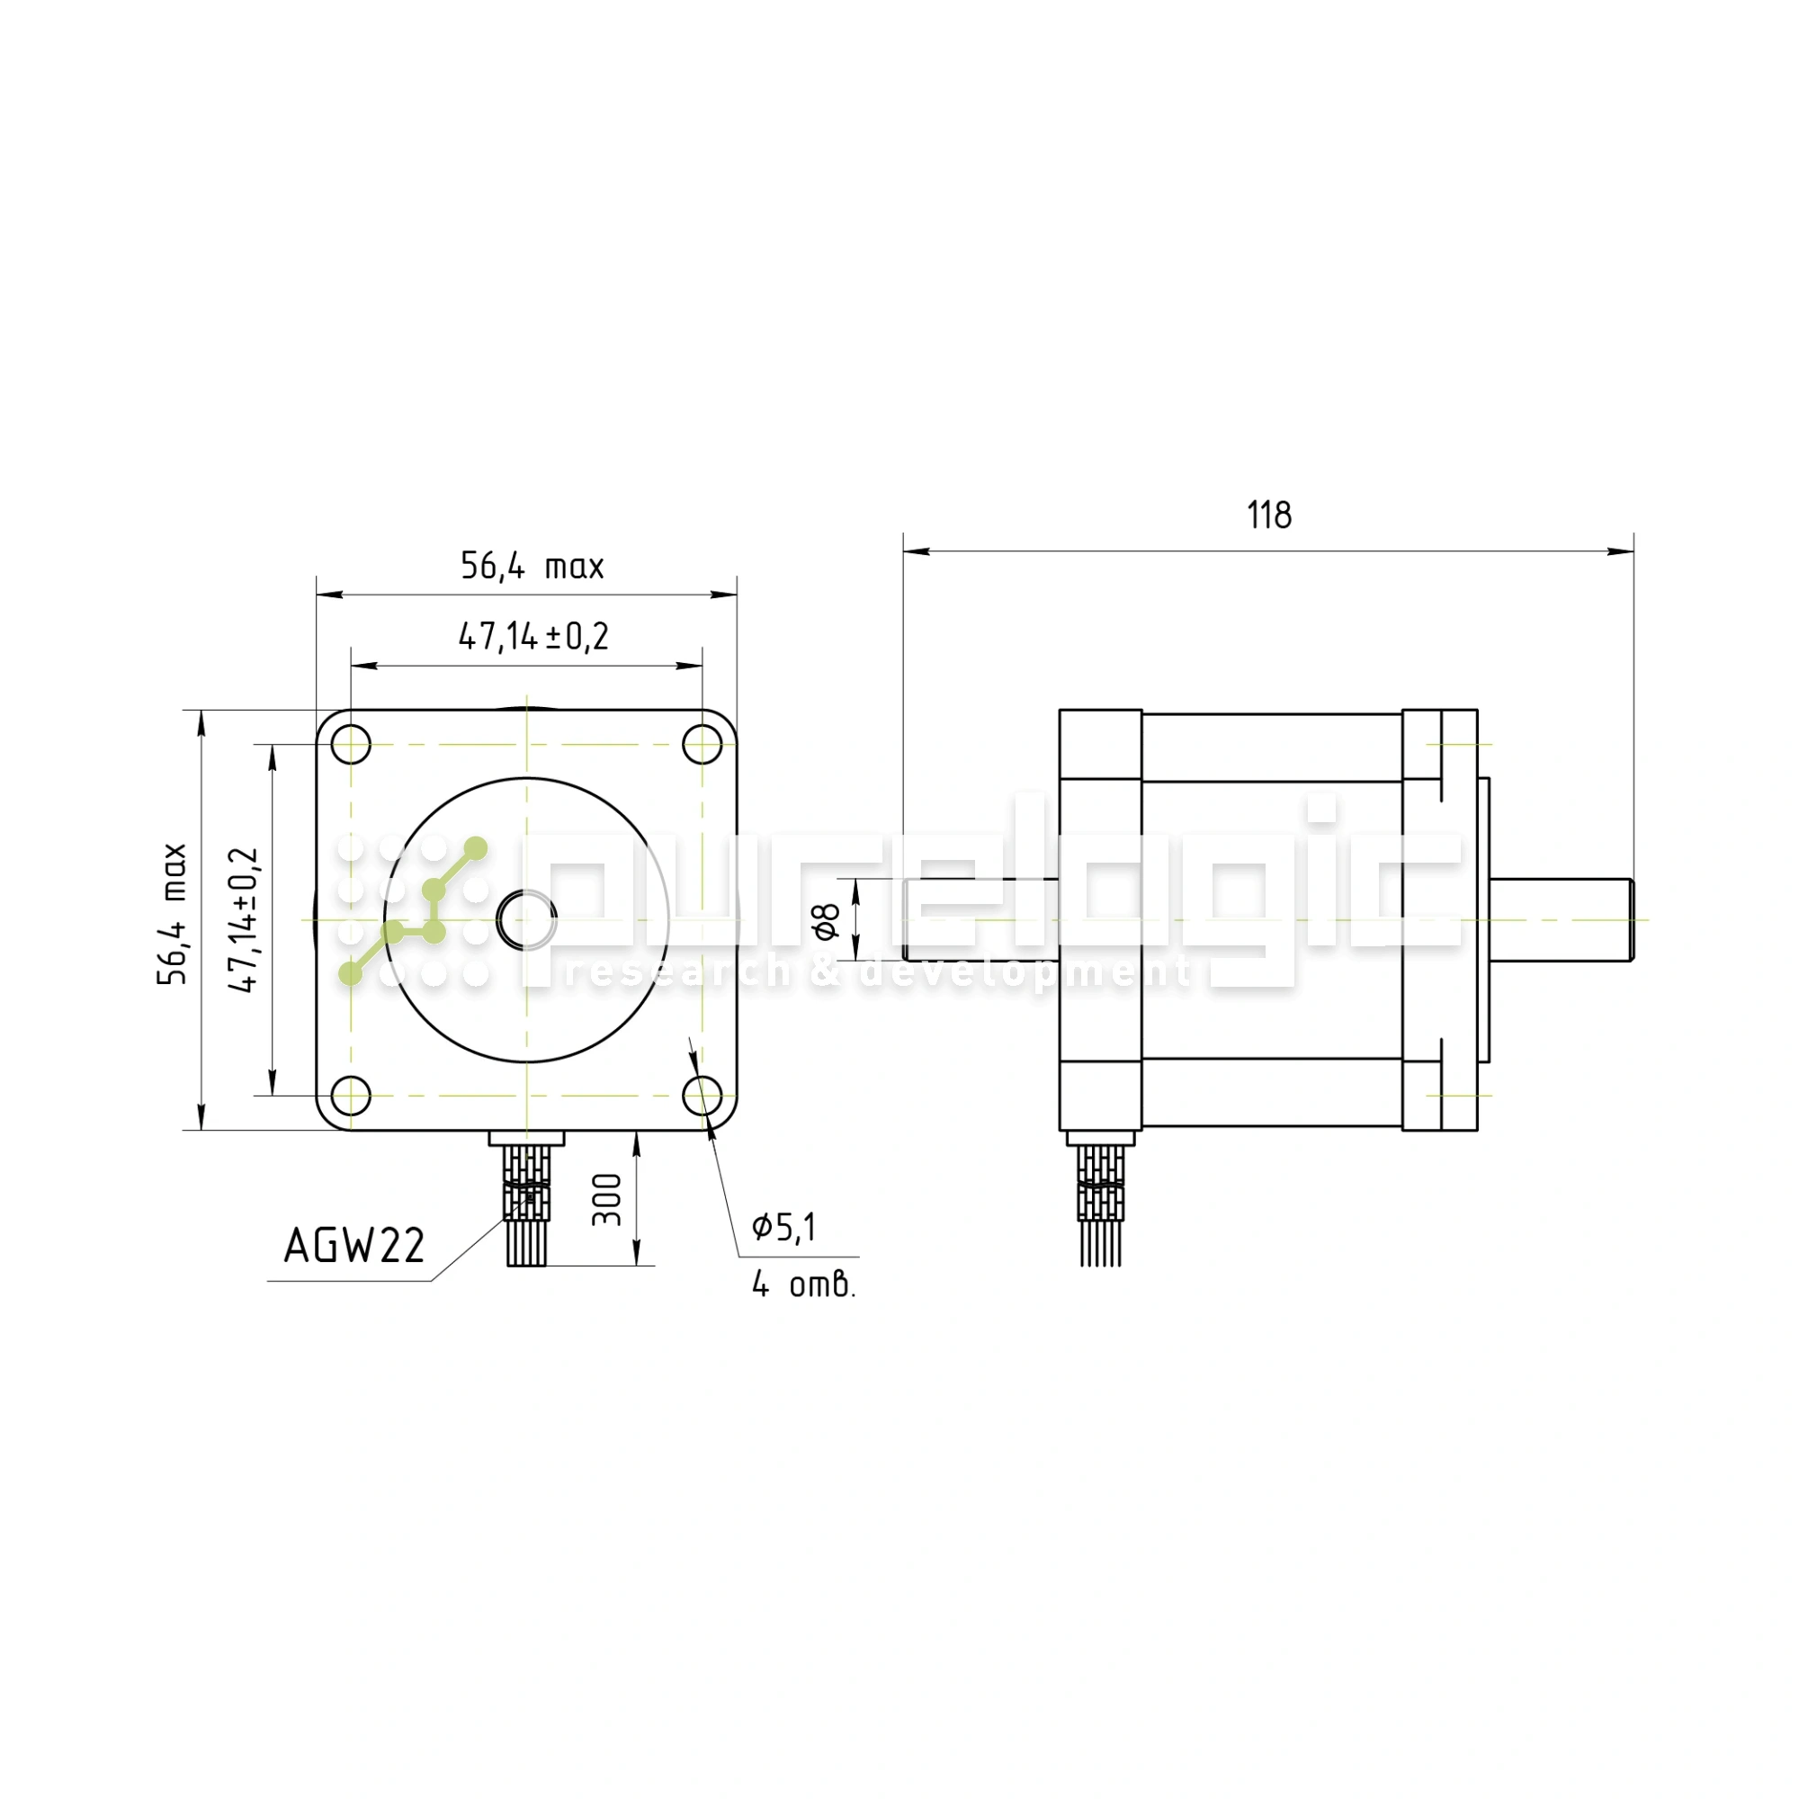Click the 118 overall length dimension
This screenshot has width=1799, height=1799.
(1269, 515)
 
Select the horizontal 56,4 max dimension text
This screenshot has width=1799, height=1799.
(533, 566)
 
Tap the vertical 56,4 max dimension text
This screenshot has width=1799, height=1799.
(173, 914)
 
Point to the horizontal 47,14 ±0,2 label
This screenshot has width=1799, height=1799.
(533, 637)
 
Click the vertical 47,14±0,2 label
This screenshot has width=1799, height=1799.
(244, 920)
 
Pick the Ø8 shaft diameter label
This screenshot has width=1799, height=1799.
(826, 920)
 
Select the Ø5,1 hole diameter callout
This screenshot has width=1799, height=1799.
(784, 1227)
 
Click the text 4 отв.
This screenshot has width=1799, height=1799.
(803, 1285)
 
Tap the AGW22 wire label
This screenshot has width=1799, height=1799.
(354, 1245)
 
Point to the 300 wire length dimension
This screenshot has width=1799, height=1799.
(607, 1199)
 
